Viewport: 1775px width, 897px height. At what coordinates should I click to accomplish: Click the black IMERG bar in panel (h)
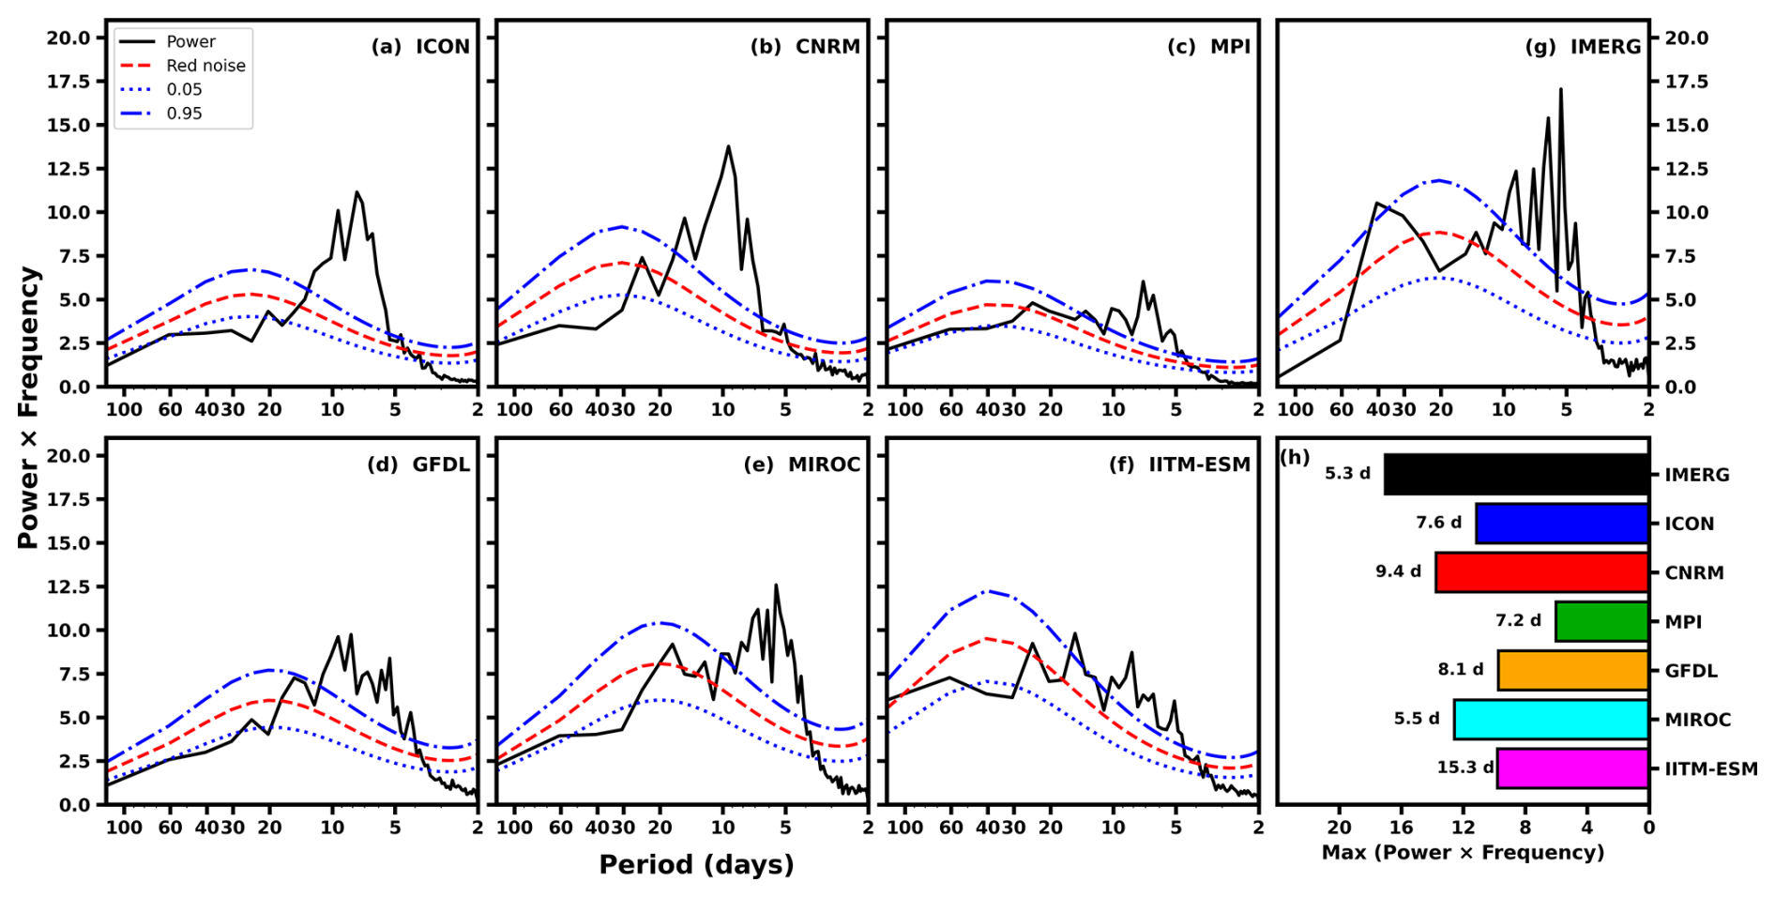tap(1516, 474)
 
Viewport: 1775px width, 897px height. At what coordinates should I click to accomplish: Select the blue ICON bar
tap(1562, 524)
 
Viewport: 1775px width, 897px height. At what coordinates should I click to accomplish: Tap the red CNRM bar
tap(1542, 572)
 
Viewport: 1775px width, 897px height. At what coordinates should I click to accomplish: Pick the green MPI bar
tap(1602, 621)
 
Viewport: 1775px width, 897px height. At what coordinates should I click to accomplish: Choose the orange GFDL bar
tap(1573, 670)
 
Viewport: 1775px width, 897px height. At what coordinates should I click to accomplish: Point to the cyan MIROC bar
tap(1552, 720)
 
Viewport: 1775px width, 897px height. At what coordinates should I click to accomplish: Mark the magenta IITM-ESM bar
tap(1573, 768)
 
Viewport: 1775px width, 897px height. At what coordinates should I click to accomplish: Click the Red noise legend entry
tap(183, 66)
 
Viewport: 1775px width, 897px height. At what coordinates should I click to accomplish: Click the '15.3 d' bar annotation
tap(1464, 768)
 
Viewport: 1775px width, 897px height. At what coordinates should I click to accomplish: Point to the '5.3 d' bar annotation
tap(1347, 473)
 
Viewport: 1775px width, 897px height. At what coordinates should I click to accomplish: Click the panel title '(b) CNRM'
tap(805, 47)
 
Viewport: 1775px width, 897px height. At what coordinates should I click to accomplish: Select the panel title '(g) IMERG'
tap(1584, 47)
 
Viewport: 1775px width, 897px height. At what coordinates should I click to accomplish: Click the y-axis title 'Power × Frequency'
tap(29, 407)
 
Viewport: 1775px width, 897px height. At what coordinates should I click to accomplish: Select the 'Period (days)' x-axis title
tap(696, 864)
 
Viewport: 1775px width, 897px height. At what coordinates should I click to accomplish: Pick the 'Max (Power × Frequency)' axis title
tap(1463, 852)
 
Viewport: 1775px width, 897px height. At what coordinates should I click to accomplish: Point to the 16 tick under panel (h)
tap(1401, 828)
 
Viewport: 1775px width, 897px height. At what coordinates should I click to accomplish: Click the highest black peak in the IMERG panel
tap(1561, 89)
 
